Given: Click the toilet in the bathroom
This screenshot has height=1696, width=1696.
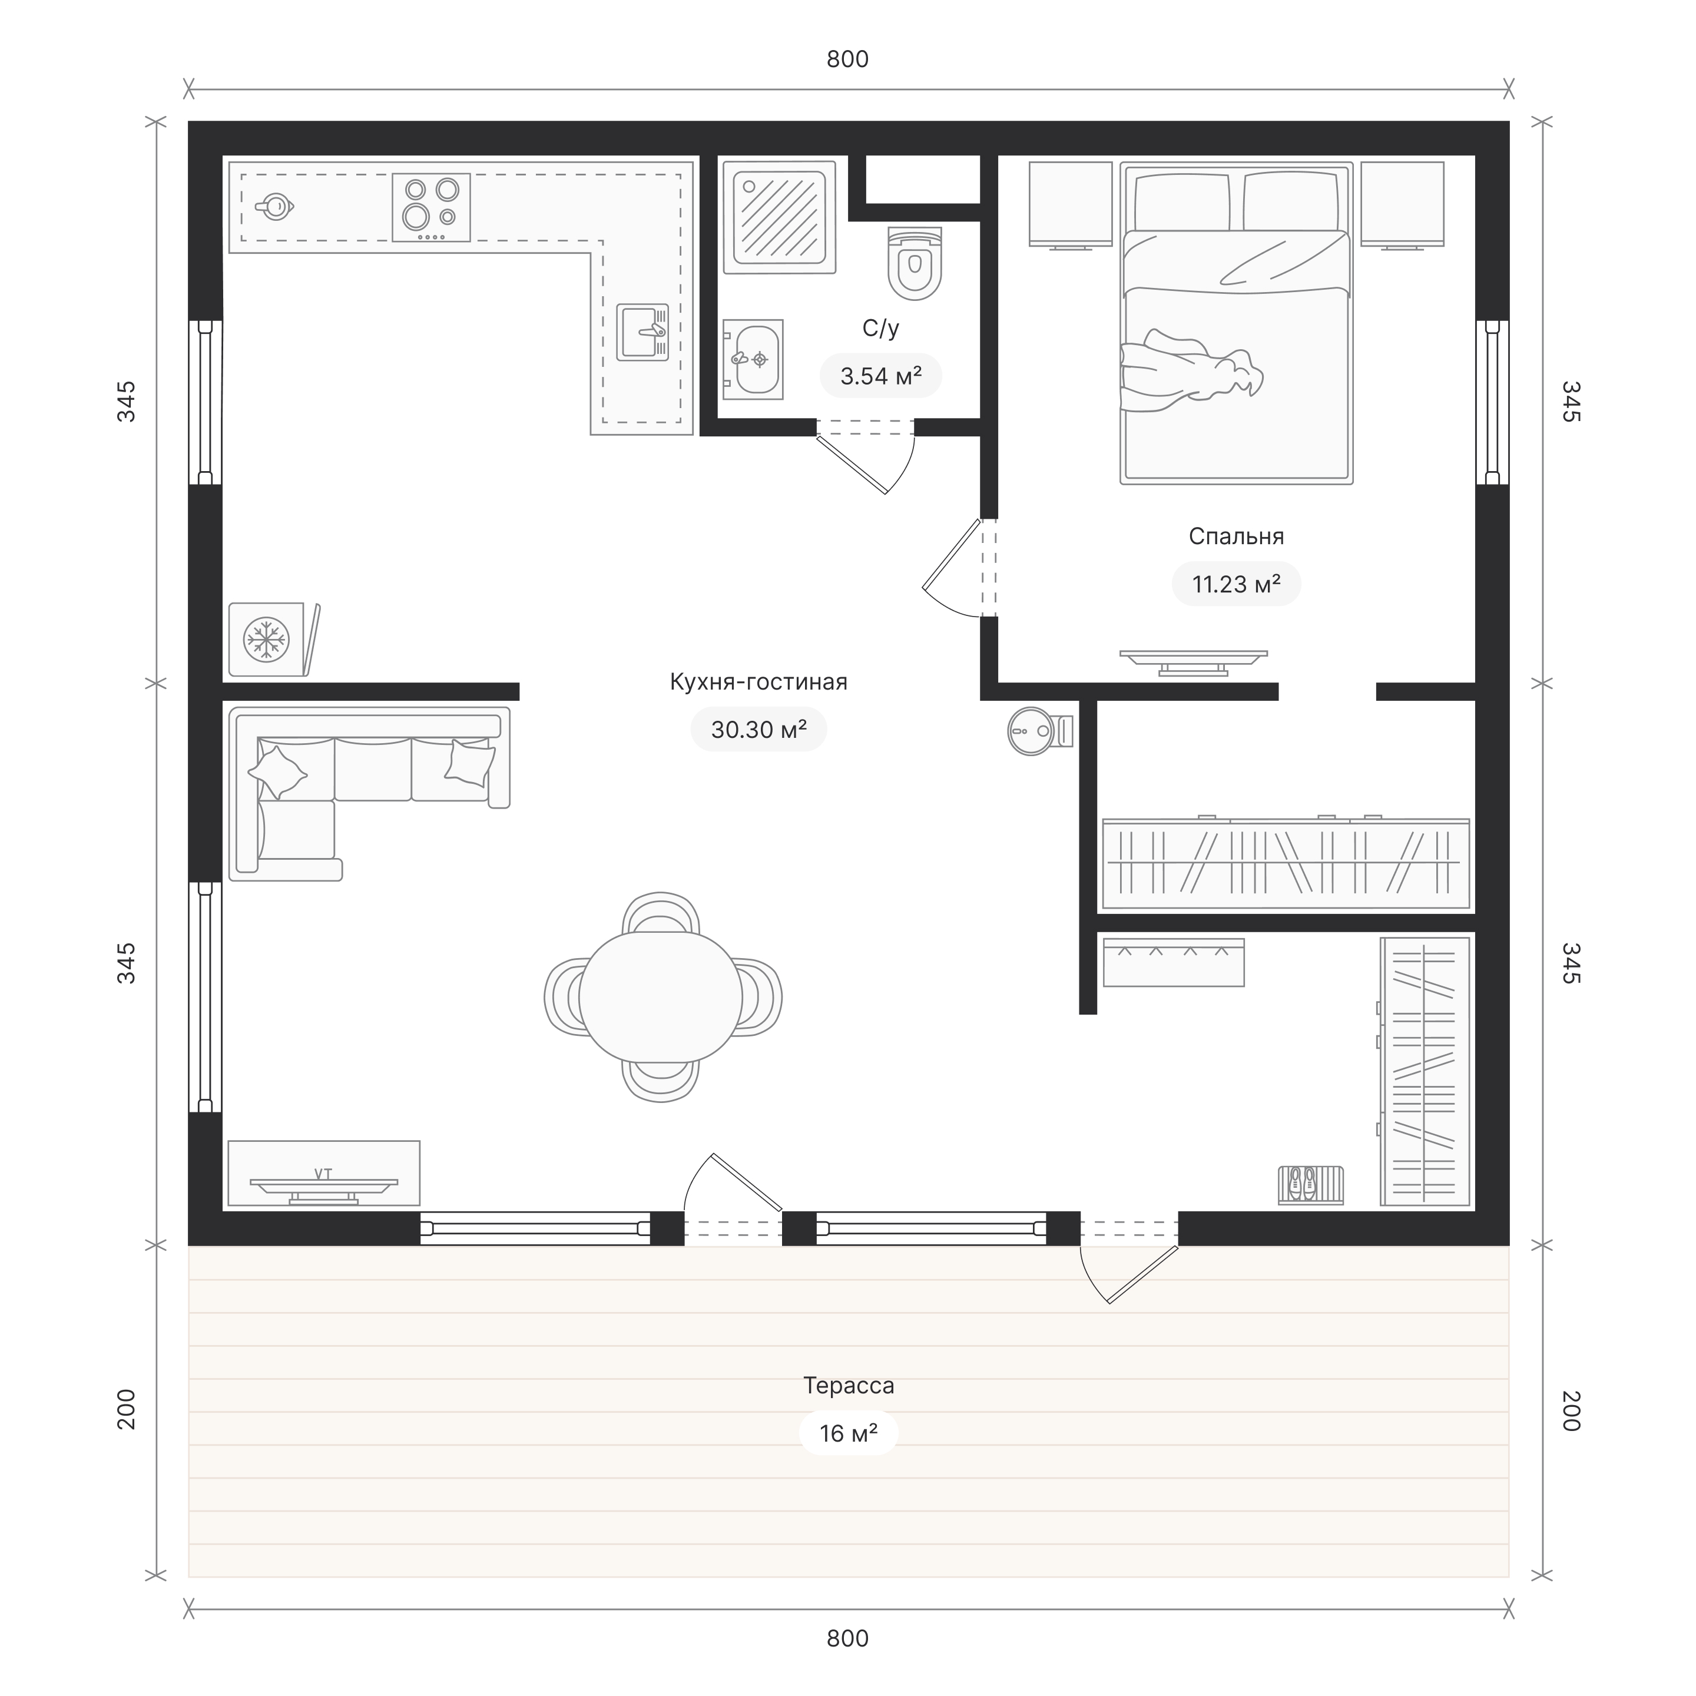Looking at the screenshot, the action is pyautogui.click(x=914, y=263).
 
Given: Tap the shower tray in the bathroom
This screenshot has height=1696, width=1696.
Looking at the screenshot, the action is pyautogui.click(x=779, y=216).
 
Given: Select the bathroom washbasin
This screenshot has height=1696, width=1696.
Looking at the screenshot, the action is pyautogui.click(x=753, y=360).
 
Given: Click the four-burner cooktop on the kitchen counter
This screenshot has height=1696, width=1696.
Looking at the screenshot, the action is pyautogui.click(x=431, y=207).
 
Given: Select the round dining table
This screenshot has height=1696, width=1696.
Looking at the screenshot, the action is pyautogui.click(x=660, y=996).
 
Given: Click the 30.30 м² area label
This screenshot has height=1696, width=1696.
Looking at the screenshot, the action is pyautogui.click(x=758, y=730).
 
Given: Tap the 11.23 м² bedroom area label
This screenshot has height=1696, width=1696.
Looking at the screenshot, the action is pyautogui.click(x=1236, y=584).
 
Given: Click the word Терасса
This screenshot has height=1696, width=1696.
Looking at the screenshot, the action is pyautogui.click(x=849, y=1385).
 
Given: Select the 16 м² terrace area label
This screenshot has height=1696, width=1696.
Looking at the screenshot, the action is pyautogui.click(x=849, y=1433).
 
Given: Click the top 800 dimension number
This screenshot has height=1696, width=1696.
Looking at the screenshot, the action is pyautogui.click(x=848, y=59).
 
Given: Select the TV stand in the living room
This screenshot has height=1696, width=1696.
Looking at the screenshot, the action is pyautogui.click(x=324, y=1173).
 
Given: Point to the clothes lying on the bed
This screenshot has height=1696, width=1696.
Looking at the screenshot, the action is pyautogui.click(x=1191, y=369).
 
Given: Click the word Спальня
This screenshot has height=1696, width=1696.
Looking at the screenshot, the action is pyautogui.click(x=1236, y=536).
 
